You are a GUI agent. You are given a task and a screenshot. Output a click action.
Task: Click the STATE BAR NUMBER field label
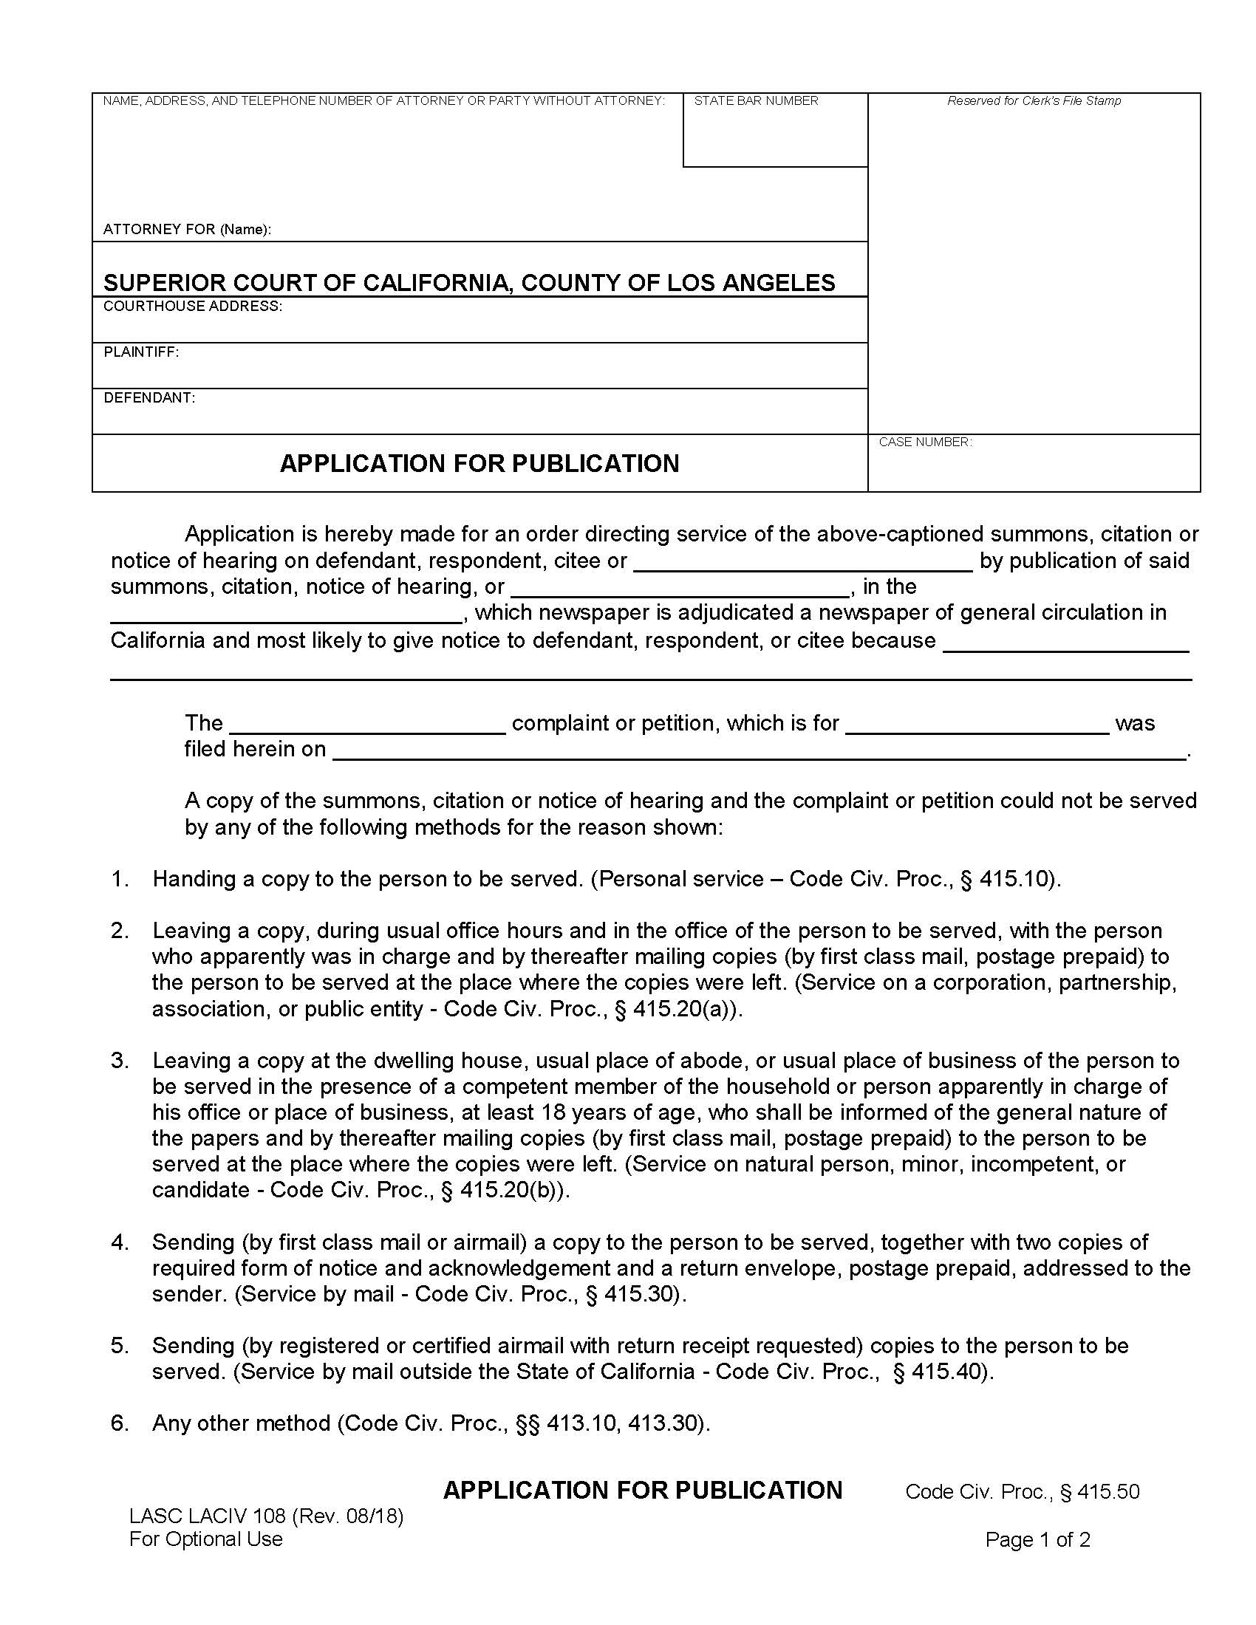[755, 100]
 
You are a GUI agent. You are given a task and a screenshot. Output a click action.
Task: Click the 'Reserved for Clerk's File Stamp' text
[1034, 100]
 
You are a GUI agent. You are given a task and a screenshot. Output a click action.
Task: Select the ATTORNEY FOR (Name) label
[187, 229]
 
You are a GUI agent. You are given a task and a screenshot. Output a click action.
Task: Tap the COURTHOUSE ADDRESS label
[192, 306]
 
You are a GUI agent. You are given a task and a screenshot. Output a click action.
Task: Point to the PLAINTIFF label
[140, 352]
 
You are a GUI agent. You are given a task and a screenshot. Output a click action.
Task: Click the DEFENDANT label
[149, 397]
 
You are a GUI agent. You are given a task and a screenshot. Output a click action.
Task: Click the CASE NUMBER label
[925, 442]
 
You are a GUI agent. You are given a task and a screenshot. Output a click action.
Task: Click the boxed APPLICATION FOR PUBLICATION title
[479, 463]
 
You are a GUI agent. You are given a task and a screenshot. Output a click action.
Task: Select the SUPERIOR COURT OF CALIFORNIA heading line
[468, 283]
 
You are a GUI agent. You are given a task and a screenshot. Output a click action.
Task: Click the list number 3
[120, 1060]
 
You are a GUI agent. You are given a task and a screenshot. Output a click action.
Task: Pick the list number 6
[120, 1423]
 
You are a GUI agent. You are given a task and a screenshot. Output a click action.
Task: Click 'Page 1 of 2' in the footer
[1037, 1539]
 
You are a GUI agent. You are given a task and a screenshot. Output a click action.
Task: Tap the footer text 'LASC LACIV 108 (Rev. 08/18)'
[266, 1516]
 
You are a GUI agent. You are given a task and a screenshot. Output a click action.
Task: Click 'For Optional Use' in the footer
[205, 1539]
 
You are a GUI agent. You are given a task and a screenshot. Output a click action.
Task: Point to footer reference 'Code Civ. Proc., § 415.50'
[1022, 1492]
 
